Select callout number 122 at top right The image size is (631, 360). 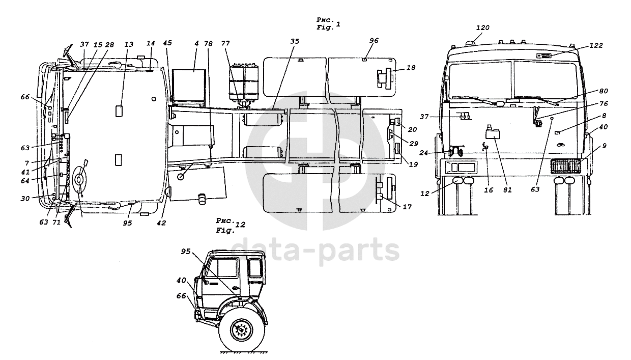point(596,45)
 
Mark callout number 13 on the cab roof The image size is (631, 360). point(129,45)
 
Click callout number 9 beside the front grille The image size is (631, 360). point(604,146)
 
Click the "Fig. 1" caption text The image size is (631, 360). point(328,24)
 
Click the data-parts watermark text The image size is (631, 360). point(315,251)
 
